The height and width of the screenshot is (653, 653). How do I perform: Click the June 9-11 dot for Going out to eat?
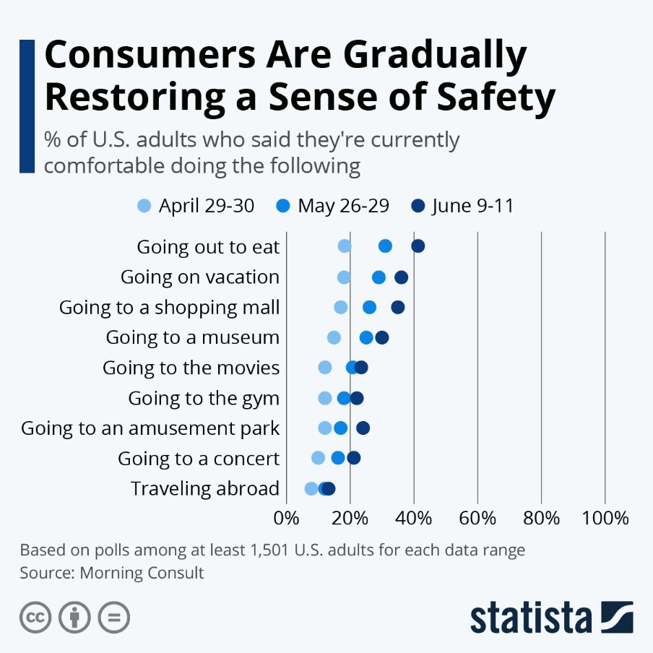(418, 246)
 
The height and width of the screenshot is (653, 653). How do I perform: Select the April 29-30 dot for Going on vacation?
(344, 277)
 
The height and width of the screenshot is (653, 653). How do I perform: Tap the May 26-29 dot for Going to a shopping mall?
(369, 308)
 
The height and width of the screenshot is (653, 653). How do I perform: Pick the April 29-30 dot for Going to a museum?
(334, 337)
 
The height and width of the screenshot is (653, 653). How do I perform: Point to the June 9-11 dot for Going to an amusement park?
(363, 428)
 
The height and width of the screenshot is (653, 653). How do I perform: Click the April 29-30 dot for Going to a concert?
(318, 458)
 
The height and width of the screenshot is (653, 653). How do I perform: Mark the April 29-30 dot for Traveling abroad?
(311, 488)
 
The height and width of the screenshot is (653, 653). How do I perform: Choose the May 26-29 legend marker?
(283, 206)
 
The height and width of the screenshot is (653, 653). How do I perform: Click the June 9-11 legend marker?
(419, 206)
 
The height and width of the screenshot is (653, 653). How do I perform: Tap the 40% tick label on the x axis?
(414, 518)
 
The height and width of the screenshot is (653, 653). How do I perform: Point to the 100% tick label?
(605, 518)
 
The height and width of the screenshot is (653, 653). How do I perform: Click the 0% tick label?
(287, 518)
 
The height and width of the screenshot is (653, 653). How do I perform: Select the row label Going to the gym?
(203, 398)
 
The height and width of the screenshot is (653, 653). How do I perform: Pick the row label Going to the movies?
(191, 368)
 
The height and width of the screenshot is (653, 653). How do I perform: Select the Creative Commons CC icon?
(35, 618)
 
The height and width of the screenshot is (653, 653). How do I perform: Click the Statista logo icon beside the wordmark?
(616, 617)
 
